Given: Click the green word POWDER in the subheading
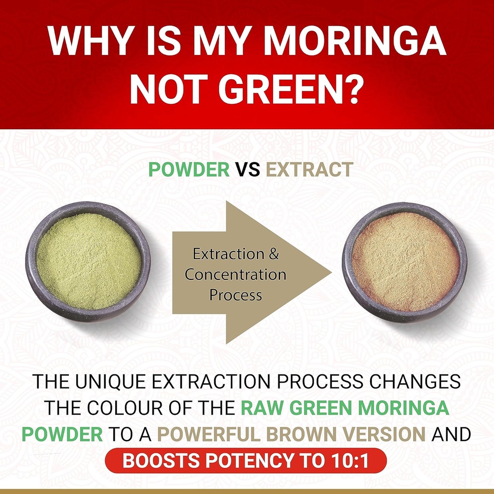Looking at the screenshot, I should pyautogui.click(x=189, y=169).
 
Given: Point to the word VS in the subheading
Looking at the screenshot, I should pyautogui.click(x=248, y=169).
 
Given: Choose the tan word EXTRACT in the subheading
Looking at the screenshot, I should pyautogui.click(x=309, y=169).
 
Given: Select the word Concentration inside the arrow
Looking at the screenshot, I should pyautogui.click(x=235, y=274).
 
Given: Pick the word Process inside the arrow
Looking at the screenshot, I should pyautogui.click(x=235, y=295).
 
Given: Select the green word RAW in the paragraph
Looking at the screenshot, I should pyautogui.click(x=261, y=408).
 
